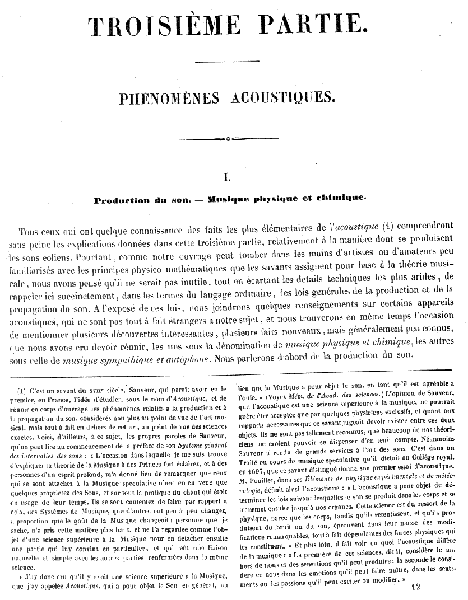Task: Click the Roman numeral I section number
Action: pyautogui.click(x=228, y=177)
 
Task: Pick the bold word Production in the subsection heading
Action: pyautogui.click(x=122, y=200)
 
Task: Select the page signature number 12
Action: pyautogui.click(x=415, y=587)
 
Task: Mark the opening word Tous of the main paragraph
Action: pyautogui.click(x=29, y=232)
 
